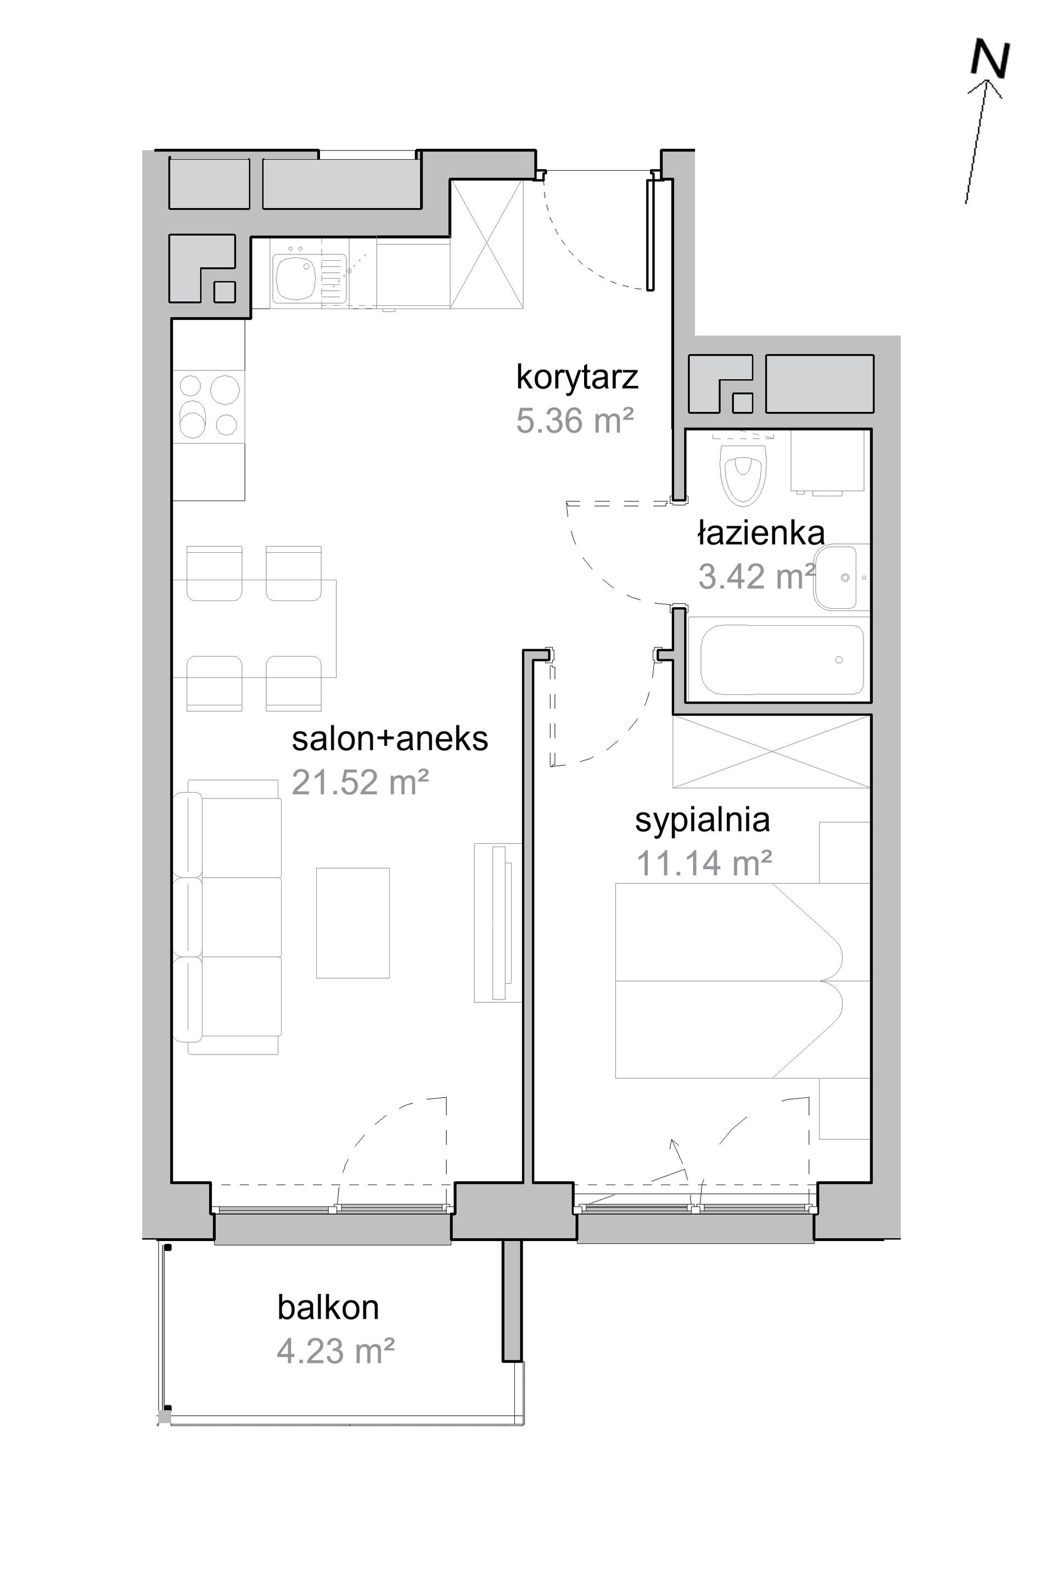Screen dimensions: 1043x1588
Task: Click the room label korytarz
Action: (x=577, y=378)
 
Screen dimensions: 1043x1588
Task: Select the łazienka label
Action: (x=761, y=532)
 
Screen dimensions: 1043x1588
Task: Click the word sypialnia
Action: (x=702, y=820)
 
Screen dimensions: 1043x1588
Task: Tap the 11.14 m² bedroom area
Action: (x=704, y=863)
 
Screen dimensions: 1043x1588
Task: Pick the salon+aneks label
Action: (x=390, y=739)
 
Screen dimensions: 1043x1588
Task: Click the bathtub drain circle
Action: (x=839, y=660)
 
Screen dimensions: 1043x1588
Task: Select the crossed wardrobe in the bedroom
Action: (x=772, y=752)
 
